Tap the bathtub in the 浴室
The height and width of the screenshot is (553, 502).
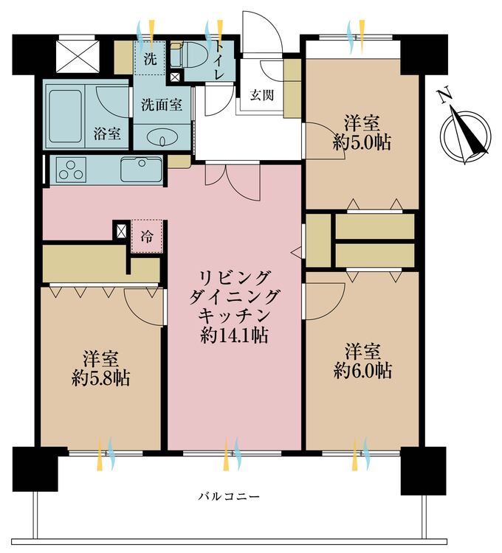pyautogui.click(x=65, y=116)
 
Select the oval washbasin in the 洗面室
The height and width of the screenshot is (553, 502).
pyautogui.click(x=161, y=138)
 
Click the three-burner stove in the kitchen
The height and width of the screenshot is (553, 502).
pyautogui.click(x=72, y=170)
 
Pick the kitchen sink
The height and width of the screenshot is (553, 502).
pyautogui.click(x=141, y=170)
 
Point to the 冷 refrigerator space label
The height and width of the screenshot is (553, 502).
pyautogui.click(x=147, y=236)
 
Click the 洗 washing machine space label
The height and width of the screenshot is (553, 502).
pyautogui.click(x=150, y=59)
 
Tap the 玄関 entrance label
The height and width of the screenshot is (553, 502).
pyautogui.click(x=261, y=95)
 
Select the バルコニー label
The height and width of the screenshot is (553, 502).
pyautogui.click(x=229, y=497)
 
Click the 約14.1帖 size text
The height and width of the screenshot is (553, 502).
pyautogui.click(x=234, y=335)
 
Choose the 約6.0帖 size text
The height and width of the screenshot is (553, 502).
pyautogui.click(x=362, y=370)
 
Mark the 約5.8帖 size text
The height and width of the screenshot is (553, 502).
pyautogui.click(x=101, y=378)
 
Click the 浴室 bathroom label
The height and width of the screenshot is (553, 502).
pyautogui.click(x=107, y=133)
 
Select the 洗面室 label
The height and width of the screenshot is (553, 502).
pyautogui.click(x=162, y=105)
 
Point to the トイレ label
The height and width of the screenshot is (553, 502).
pyautogui.click(x=219, y=60)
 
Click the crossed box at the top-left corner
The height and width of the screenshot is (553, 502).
pyautogui.click(x=78, y=57)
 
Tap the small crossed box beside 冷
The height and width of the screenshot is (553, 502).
pyautogui.click(x=121, y=231)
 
